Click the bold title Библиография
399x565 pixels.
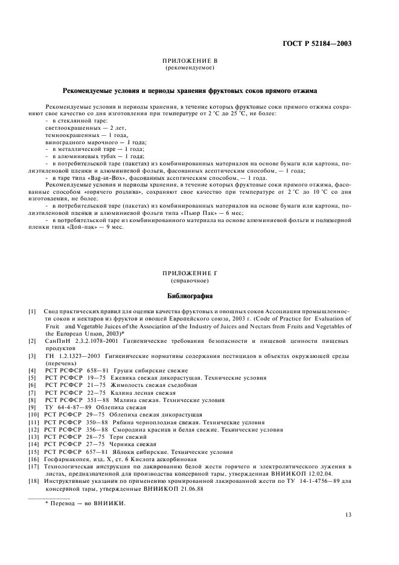click(190, 296)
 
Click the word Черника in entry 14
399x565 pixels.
click(118, 444)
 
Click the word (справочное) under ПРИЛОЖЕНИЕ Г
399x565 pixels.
click(190, 281)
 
